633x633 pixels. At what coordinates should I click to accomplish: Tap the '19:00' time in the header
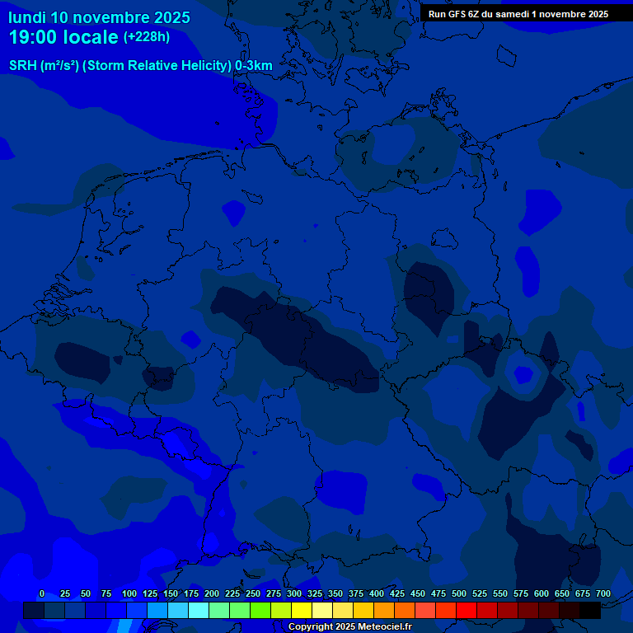(x=34, y=38)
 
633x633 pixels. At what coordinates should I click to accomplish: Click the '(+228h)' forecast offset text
(x=147, y=37)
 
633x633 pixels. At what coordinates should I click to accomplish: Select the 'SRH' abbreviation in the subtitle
(x=22, y=66)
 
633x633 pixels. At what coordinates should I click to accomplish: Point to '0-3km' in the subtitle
(x=253, y=66)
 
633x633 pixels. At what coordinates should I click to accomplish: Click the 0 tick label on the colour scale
(x=42, y=593)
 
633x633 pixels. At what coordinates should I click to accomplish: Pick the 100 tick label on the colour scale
(x=129, y=593)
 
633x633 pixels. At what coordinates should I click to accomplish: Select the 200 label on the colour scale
(x=211, y=593)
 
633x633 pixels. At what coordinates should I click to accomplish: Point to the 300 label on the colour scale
(x=293, y=593)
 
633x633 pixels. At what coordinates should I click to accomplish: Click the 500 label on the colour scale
(x=458, y=593)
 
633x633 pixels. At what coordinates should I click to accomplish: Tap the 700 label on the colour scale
(x=603, y=593)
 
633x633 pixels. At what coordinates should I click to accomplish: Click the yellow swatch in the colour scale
(x=302, y=611)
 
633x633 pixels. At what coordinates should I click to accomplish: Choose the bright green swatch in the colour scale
(x=260, y=611)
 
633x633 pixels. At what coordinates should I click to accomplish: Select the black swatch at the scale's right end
(x=590, y=611)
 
